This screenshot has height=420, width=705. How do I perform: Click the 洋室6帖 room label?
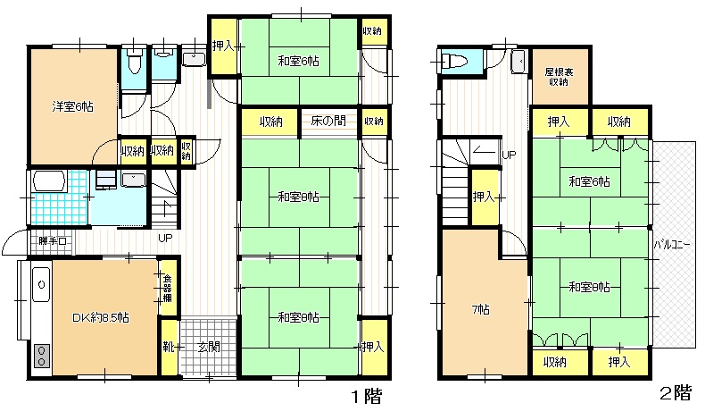tap(72, 107)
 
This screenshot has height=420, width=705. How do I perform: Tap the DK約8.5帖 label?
tap(101, 318)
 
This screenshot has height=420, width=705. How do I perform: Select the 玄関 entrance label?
tap(209, 347)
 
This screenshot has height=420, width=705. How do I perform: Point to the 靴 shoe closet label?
tap(168, 347)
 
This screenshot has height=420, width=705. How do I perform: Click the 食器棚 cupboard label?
tap(167, 289)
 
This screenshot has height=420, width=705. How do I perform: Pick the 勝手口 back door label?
tap(53, 241)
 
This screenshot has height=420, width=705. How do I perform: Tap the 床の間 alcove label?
tap(328, 121)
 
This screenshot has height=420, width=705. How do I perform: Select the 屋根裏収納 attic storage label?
tap(559, 77)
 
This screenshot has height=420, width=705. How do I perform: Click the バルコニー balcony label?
tap(672, 246)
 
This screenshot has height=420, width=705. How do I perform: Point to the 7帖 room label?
tap(481, 310)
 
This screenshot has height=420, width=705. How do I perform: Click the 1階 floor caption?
tap(367, 397)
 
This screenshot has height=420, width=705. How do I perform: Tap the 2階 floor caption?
tap(676, 393)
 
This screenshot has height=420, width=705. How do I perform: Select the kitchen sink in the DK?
tap(41, 284)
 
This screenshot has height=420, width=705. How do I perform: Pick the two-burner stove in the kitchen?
tap(42, 356)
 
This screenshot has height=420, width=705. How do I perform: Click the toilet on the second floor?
tap(454, 61)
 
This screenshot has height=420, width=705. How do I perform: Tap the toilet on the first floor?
tap(134, 63)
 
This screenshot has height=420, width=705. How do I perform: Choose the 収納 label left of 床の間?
tap(270, 122)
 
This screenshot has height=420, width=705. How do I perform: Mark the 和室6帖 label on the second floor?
tap(589, 181)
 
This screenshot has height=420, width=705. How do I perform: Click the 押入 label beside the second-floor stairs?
tap(484, 197)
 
